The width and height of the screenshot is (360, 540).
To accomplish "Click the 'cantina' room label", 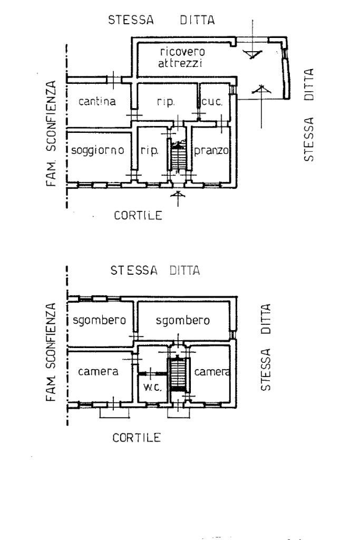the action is (97, 101).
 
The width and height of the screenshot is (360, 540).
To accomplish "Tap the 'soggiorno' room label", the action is (98, 150).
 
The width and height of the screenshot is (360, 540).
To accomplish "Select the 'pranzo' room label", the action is (211, 150).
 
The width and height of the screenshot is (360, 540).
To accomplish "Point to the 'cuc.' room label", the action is (212, 102).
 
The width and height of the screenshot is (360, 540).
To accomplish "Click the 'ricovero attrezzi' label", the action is (181, 57).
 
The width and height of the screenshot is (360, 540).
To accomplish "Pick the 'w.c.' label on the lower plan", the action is (152, 387).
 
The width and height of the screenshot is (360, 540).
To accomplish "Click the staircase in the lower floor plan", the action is (178, 374).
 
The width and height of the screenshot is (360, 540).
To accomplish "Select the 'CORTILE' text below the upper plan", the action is (138, 216).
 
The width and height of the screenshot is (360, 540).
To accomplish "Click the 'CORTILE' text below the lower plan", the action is (137, 438).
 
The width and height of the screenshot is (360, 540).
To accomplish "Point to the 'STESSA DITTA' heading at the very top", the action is (161, 20).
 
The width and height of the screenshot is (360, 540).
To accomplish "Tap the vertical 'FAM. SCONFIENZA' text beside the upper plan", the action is (51, 133).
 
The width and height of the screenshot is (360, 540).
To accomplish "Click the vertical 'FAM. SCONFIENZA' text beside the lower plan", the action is (51, 352).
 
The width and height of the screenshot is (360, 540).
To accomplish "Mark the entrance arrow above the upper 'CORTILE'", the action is (178, 198).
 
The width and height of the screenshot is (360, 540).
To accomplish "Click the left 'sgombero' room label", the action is (100, 320).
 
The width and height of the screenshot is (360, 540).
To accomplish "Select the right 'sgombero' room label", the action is (183, 321).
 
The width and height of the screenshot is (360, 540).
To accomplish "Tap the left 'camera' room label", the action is (98, 372).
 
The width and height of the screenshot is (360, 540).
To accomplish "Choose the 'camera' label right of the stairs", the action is (212, 372).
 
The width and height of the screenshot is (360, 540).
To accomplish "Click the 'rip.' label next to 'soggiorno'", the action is (149, 151).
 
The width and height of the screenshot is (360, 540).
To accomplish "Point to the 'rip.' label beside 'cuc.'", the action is (166, 102).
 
